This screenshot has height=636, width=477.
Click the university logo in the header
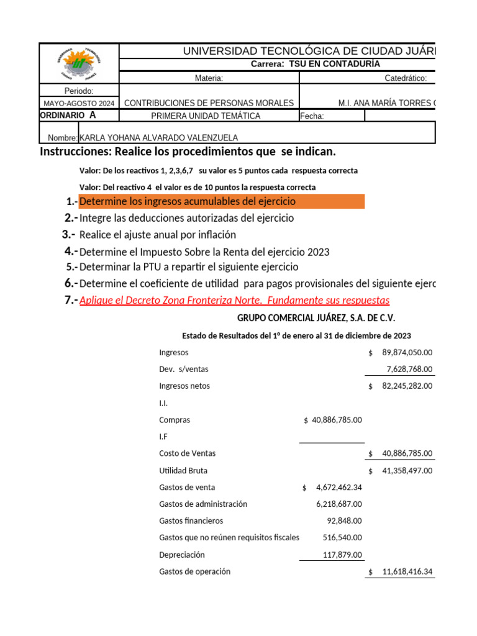[x=78, y=63]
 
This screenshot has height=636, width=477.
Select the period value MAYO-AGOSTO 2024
[x=79, y=103]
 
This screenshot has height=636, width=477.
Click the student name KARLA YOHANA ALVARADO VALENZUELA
[x=158, y=138]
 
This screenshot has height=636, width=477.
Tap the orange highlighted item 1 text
[x=188, y=201]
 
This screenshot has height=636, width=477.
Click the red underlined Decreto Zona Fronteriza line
[x=234, y=301]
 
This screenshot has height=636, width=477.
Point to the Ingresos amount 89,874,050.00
[x=407, y=352]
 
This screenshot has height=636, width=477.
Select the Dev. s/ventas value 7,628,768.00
[x=409, y=369]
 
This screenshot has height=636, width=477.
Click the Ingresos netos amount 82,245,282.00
[x=407, y=386]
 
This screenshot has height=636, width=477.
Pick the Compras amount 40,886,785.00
[x=337, y=420]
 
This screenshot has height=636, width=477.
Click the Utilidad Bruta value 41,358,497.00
[x=407, y=471]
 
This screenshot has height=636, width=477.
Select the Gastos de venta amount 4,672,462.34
[x=338, y=488]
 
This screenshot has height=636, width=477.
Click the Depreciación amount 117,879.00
[x=342, y=555]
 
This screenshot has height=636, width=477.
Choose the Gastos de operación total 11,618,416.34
[x=407, y=571]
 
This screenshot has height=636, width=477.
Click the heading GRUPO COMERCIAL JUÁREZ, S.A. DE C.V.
[x=316, y=318]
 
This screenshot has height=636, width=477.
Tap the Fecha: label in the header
[x=312, y=116]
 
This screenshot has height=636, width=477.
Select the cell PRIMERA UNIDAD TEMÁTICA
[x=206, y=116]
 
